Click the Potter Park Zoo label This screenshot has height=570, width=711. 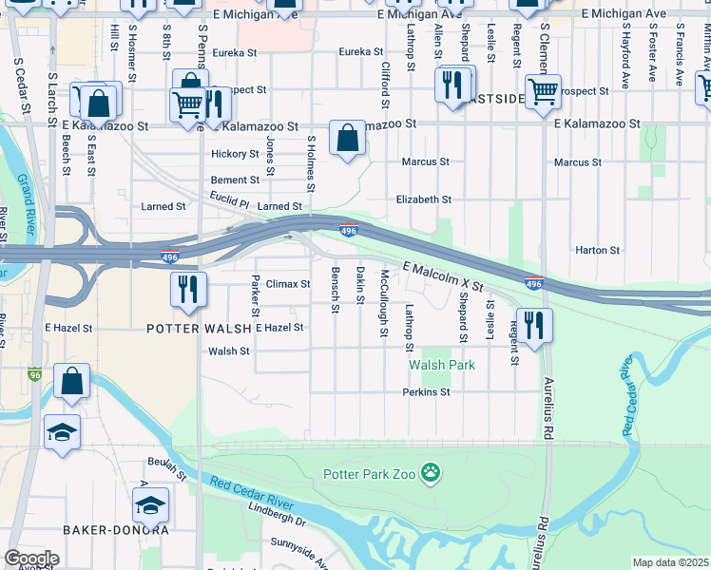tap(369, 473)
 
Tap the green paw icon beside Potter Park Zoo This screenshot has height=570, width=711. tap(432, 472)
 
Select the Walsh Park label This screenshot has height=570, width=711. tap(441, 365)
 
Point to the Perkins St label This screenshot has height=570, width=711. tap(426, 391)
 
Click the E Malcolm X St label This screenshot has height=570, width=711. tap(443, 276)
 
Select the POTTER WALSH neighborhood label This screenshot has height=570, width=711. tap(199, 328)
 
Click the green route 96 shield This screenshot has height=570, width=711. tap(35, 374)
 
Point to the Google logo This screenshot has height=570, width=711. tap(31, 558)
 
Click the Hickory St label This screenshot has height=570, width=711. tap(235, 154)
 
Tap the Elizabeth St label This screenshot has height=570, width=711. tap(423, 199)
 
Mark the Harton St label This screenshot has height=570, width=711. tap(597, 251)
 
